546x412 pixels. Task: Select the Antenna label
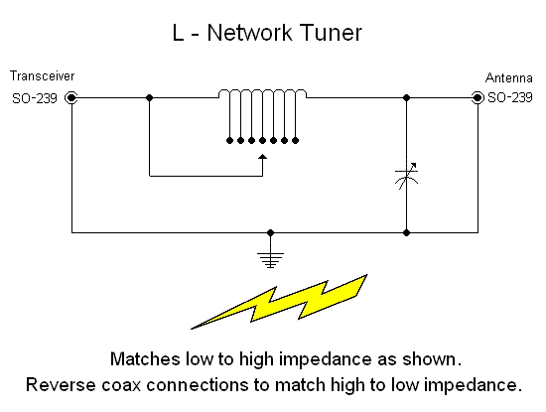coord(509,77)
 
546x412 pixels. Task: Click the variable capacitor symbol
coord(407,180)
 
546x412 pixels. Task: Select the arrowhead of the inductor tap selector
coord(262,156)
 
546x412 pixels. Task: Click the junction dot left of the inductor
coord(149,97)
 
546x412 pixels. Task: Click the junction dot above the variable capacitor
coord(407,97)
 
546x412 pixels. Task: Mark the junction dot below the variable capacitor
coord(407,233)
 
